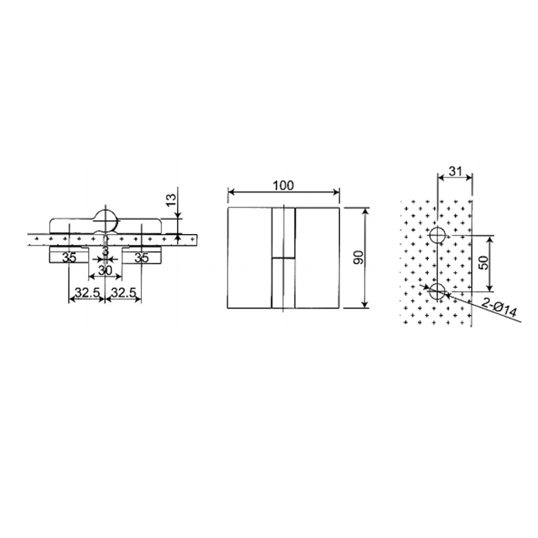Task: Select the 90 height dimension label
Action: click(358, 258)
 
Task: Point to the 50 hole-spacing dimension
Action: click(483, 263)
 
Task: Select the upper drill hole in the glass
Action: click(438, 235)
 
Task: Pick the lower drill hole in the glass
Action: click(438, 291)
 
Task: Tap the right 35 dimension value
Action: click(141, 257)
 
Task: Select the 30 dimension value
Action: click(106, 270)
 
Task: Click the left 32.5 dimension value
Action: click(85, 293)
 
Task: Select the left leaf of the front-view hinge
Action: click(249, 258)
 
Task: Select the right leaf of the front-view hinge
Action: click(317, 258)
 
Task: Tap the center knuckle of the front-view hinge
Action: click(283, 258)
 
